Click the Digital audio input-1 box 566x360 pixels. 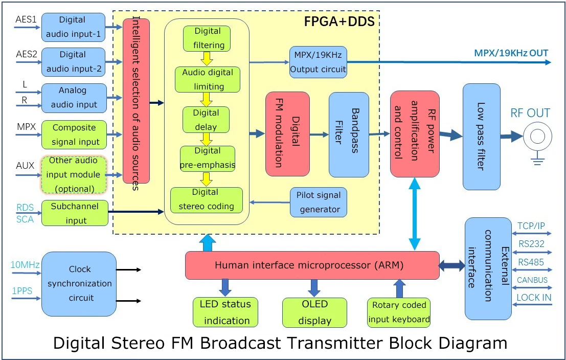73,28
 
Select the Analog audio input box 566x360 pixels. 73,97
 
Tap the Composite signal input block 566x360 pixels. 74,134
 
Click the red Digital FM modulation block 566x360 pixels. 287,134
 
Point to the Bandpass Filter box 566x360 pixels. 349,134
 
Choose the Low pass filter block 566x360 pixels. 481,137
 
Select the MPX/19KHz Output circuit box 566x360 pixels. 318,61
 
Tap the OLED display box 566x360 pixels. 314,312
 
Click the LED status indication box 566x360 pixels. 225,312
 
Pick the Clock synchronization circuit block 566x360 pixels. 79,283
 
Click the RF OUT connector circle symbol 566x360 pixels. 537,137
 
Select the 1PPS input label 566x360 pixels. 22,290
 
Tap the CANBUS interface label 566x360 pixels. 532,280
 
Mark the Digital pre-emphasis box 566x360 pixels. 207,158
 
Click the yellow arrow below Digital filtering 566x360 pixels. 207,58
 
